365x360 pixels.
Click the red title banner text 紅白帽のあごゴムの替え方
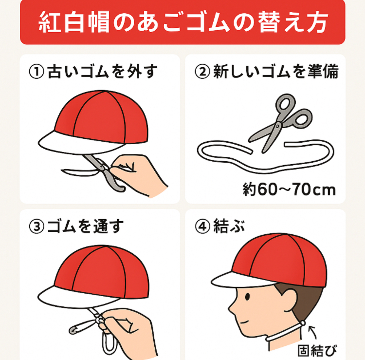tap(183, 22)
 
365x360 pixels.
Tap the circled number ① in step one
tap(36, 72)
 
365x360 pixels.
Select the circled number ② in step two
tap(202, 72)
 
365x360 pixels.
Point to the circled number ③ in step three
tap(36, 227)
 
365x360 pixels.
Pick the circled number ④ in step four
tap(202, 226)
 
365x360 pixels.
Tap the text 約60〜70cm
tap(290, 189)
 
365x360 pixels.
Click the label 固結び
tap(317, 351)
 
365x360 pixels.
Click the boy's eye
tap(247, 297)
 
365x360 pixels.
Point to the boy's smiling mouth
tap(244, 322)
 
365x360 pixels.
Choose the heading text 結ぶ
tap(230, 226)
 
